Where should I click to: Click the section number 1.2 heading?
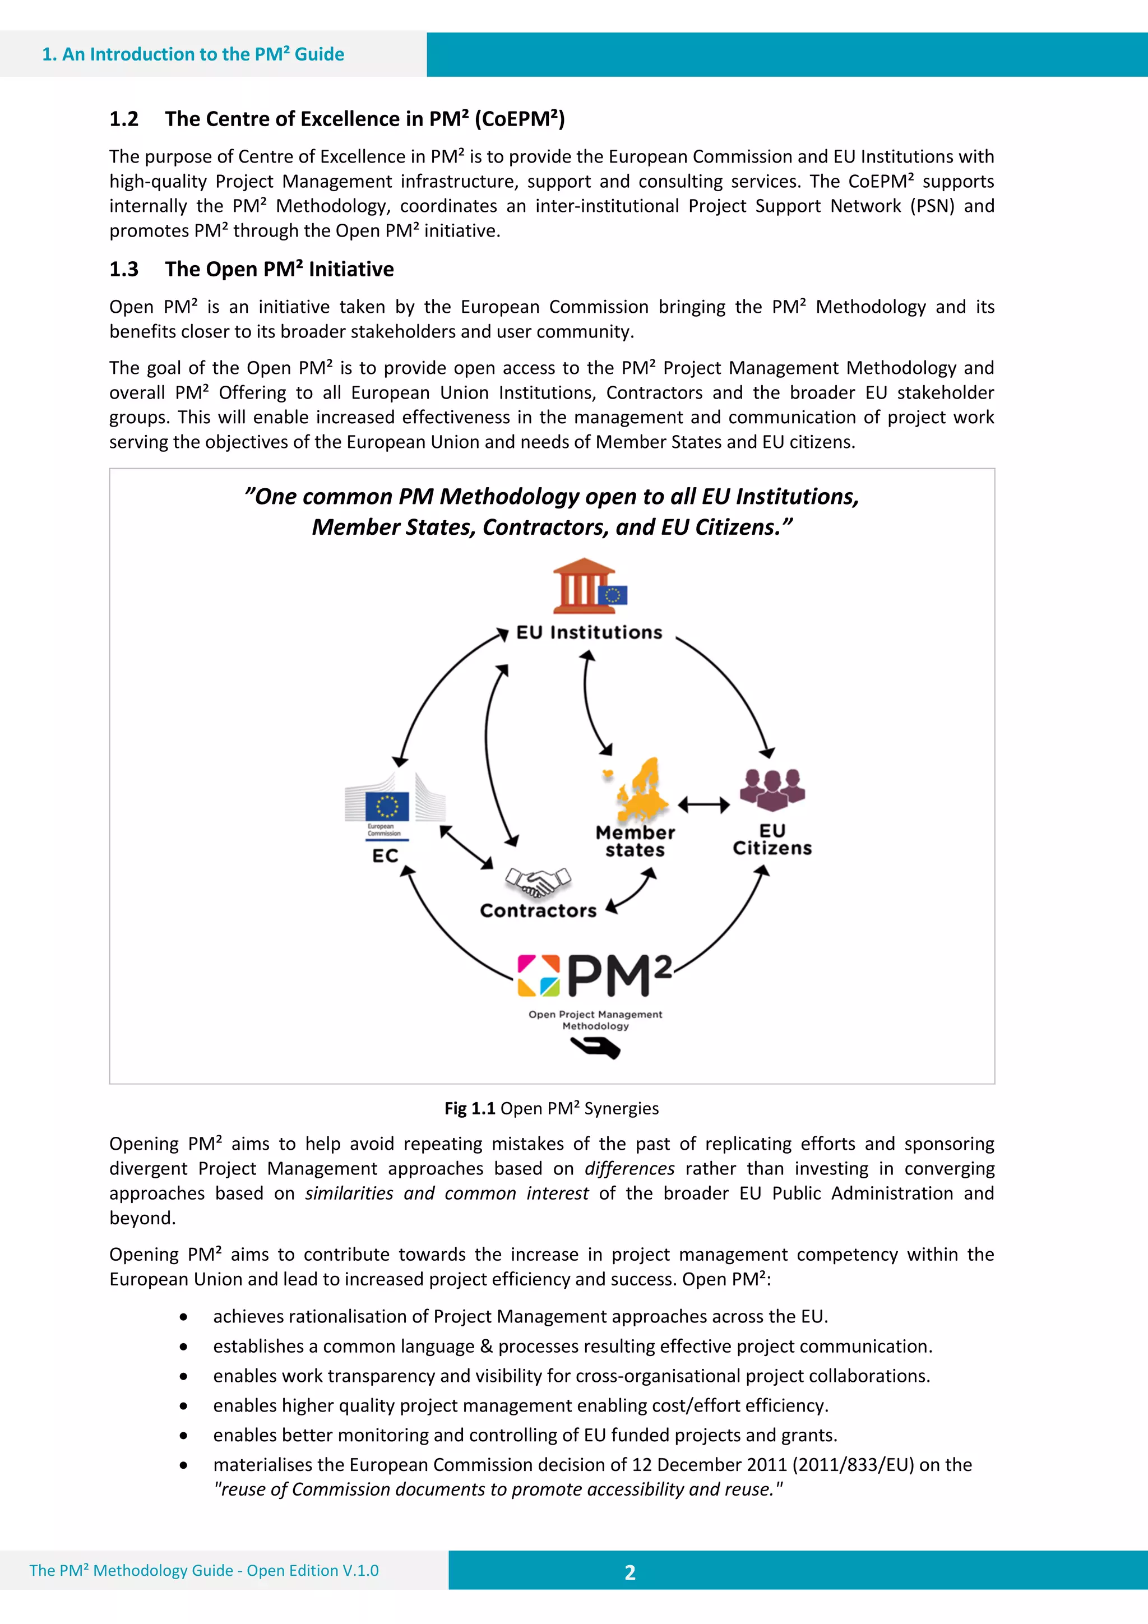(124, 119)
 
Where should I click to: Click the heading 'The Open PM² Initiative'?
(279, 270)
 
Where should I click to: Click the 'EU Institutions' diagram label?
(589, 632)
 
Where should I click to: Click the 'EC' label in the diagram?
(386, 856)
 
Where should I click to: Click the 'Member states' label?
(635, 841)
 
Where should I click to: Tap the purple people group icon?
(772, 789)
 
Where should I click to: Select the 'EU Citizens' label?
(772, 840)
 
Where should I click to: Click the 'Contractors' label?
(538, 911)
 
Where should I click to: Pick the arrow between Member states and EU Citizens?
(704, 805)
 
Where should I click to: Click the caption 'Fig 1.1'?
(469, 1108)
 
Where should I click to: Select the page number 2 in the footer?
(630, 1572)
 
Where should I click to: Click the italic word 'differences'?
(629, 1168)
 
